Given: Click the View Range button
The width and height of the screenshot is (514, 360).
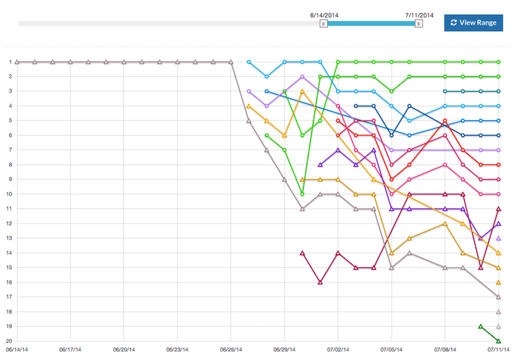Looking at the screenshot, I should coord(473,23).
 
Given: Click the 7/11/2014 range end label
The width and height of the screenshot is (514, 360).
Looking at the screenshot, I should coord(419,13).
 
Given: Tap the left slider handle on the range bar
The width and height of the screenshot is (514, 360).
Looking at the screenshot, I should coord(323,23).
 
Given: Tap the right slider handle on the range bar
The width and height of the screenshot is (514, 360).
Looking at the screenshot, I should coord(419,23).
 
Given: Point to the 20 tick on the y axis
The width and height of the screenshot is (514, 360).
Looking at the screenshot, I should coord(11,341).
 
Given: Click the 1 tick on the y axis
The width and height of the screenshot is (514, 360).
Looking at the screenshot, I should coord(11,62).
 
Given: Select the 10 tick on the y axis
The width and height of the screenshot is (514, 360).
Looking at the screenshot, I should coord(11,194).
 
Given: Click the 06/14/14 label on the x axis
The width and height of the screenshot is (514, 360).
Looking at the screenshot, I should coord(18,349).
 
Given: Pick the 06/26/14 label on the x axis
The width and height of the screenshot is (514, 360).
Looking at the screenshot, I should coord(231,349).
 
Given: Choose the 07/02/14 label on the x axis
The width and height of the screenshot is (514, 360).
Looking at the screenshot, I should coord(338,349).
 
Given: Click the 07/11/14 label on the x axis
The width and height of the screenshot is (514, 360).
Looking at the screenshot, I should coord(499,349).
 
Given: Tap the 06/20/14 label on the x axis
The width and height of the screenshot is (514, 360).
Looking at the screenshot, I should coord(124,349).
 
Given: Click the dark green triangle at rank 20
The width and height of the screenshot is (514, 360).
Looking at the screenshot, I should coord(499,341).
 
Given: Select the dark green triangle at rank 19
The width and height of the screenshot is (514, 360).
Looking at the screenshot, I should coord(481,326).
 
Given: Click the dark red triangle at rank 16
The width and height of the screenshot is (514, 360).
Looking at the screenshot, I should coord(320,283).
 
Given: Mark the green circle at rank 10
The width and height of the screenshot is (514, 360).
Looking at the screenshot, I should coord(302,194).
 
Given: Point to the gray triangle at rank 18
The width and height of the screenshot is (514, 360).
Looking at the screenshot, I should coord(499,311).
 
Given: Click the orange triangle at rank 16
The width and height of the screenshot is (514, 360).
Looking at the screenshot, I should coord(499,283).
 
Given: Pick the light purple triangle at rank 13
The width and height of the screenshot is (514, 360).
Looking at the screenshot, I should coord(499,238).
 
